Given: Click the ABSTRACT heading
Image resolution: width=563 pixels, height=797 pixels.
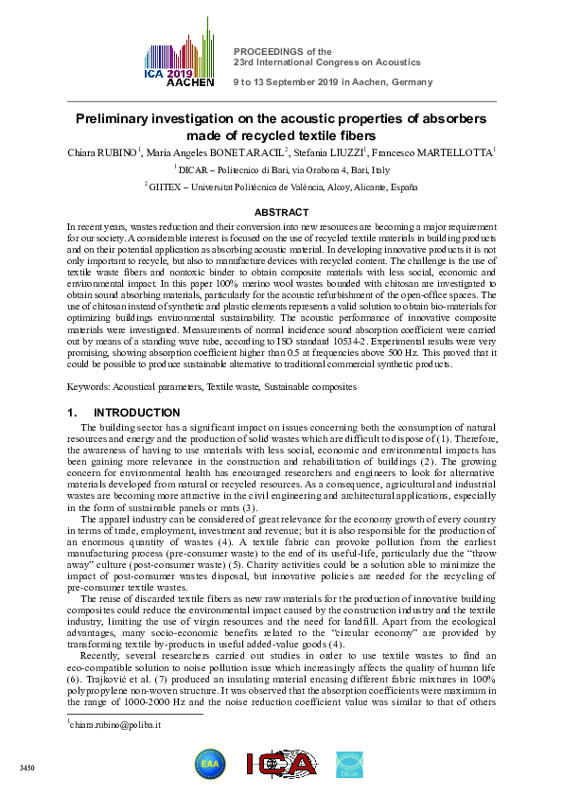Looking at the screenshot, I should [281, 213].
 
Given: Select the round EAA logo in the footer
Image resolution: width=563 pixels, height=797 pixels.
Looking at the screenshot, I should [209, 764].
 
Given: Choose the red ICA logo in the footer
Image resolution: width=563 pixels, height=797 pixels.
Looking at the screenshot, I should [281, 765].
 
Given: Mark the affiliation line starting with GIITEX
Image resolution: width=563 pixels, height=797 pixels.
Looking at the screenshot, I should [281, 187].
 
